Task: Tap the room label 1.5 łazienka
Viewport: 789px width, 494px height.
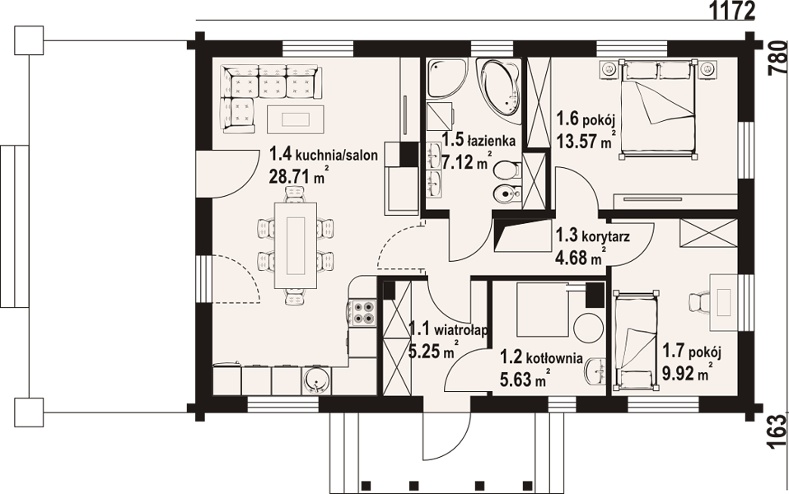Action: [x=479, y=140]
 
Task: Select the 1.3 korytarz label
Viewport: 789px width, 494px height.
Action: [x=592, y=236]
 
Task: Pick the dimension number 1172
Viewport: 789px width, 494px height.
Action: [x=731, y=10]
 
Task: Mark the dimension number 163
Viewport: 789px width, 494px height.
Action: [x=777, y=431]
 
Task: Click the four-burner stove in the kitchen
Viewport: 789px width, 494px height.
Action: [x=363, y=312]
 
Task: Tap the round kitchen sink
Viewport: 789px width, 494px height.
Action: [x=316, y=380]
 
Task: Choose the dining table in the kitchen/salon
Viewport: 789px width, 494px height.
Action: [x=296, y=245]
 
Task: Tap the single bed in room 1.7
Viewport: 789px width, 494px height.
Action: [x=635, y=340]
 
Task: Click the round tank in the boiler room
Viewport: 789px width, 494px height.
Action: [x=588, y=328]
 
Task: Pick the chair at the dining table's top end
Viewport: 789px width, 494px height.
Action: [x=296, y=193]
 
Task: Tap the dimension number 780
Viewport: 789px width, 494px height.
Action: [x=777, y=58]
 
